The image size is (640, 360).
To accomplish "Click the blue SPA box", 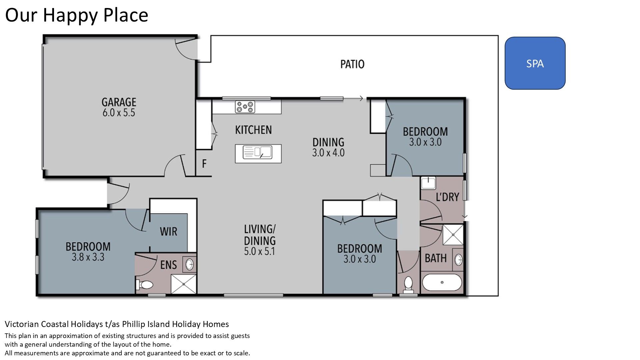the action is click(x=535, y=63).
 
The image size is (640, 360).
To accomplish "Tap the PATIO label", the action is click(x=352, y=64).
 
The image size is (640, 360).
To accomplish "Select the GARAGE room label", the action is click(x=119, y=102).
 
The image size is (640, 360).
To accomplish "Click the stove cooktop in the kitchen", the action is click(x=245, y=107).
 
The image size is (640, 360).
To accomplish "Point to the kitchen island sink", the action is click(x=257, y=152).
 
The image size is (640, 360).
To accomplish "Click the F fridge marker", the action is click(x=204, y=163).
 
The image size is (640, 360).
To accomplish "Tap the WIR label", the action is click(x=168, y=231).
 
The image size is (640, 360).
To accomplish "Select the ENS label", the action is click(x=168, y=265).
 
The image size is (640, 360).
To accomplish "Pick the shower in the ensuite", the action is click(x=184, y=284).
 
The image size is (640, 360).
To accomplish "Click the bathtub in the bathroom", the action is click(x=442, y=283).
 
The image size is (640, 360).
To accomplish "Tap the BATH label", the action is click(x=436, y=258).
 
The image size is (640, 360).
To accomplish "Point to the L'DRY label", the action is click(x=447, y=197).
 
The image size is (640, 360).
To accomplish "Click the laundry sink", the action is click(x=428, y=183).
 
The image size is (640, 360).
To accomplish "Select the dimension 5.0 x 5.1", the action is click(x=260, y=251).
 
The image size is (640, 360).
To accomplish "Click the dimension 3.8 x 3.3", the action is click(x=88, y=257).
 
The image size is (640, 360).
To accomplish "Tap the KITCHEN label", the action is click(x=253, y=130).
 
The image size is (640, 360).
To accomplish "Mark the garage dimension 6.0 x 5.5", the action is click(x=119, y=113).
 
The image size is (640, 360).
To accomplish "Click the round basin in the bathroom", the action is click(x=458, y=259).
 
